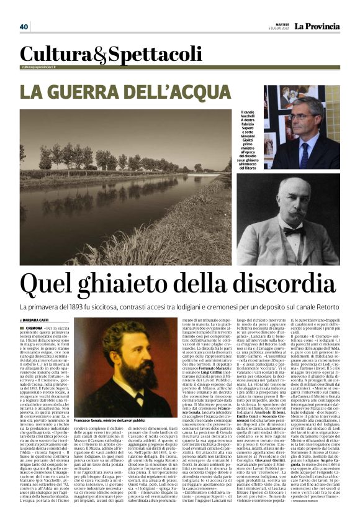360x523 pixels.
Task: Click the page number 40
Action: (24, 27)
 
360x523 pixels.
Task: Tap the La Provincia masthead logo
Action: (317, 26)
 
